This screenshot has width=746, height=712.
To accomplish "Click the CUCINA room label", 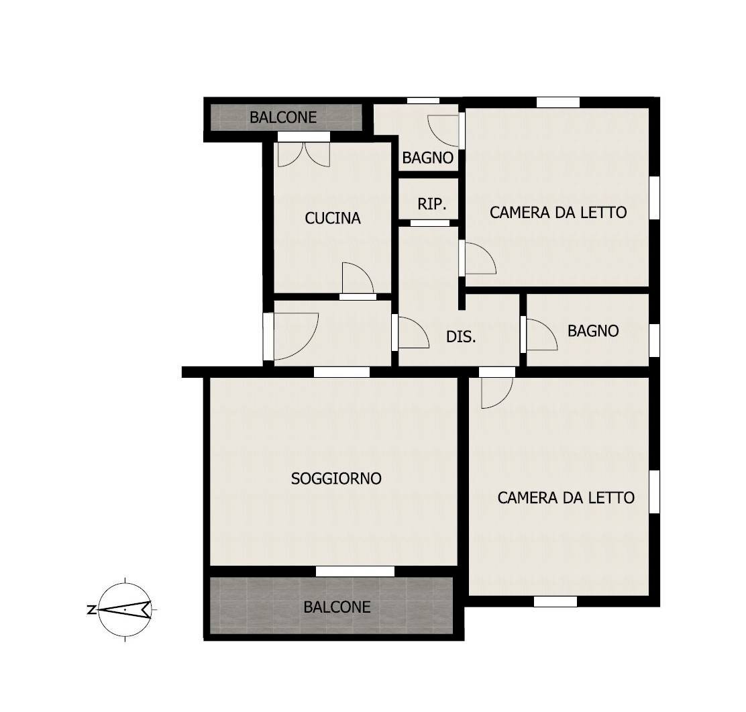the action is [x=333, y=219].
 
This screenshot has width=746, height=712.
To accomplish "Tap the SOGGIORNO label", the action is [x=336, y=478].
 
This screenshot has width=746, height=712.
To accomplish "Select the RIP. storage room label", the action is [x=432, y=204].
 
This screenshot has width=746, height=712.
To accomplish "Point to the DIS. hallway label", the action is [x=461, y=337].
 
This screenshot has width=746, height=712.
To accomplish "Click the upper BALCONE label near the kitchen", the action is [x=283, y=117].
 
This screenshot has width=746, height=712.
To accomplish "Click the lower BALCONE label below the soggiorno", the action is [x=337, y=607].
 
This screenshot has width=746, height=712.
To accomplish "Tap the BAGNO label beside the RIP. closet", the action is [x=428, y=158].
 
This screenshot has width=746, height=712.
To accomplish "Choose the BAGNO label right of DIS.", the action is [x=593, y=331].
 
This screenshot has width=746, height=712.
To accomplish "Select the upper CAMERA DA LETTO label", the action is [x=558, y=212].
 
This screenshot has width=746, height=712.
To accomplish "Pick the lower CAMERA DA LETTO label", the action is [x=566, y=498].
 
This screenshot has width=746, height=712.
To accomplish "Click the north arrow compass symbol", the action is [x=125, y=609].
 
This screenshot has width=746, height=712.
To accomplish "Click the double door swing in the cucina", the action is [x=304, y=154].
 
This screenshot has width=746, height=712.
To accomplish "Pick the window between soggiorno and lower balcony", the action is [x=355, y=571].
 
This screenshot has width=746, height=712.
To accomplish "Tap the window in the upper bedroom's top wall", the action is [x=558, y=102].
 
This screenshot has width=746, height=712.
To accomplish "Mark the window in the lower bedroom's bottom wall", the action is [x=555, y=601].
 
